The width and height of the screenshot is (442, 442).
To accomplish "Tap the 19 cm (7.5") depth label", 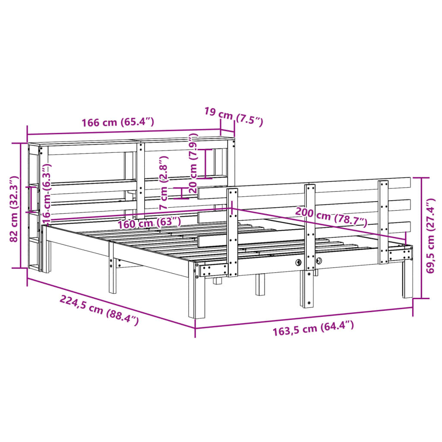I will [233, 117].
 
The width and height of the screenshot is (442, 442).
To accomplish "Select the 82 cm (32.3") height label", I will [14, 209].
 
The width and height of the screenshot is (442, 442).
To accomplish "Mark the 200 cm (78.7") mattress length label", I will [331, 217].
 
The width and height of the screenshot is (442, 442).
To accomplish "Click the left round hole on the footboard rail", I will [298, 262].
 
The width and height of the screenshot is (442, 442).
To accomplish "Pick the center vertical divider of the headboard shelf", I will [141, 179].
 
